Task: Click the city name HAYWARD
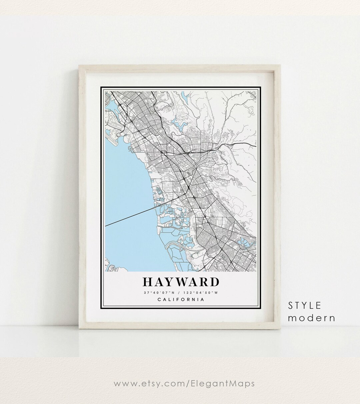tap(181, 282)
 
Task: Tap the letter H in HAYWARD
tap(148, 282)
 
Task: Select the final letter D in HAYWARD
tap(215, 282)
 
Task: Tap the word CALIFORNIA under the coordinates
tap(181, 299)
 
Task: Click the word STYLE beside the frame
tap(305, 305)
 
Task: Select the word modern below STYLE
tap(311, 318)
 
